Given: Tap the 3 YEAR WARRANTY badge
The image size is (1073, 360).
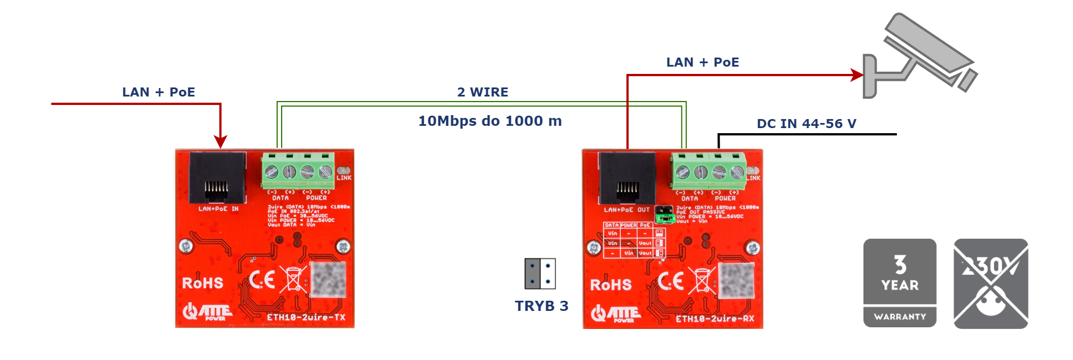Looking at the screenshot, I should coord(900,283).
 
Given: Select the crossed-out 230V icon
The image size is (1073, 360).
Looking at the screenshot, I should coord(991,283).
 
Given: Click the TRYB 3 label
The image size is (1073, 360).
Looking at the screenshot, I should coord(541,306).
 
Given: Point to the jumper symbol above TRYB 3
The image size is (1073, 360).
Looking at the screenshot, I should coord(540,274).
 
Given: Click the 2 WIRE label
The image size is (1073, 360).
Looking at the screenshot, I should coord(483,92).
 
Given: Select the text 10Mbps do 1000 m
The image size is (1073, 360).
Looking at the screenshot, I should coord(490,121).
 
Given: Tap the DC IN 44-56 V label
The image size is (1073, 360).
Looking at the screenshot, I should coord(806,124).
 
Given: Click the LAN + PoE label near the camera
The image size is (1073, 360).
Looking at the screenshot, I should coord(703,62).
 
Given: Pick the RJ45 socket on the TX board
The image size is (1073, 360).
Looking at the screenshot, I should coord(217,177).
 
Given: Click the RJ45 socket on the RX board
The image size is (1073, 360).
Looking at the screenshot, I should coord(627,178).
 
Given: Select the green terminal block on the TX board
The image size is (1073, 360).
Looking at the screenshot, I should coord(298,170).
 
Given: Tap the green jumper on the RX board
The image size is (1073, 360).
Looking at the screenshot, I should coord(664,214).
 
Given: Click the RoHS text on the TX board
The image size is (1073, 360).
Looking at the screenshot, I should coord(202,283).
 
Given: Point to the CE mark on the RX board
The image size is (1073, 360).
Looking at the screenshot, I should coord(671,280).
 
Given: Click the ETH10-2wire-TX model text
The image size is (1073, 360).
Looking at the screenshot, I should coord(306,317).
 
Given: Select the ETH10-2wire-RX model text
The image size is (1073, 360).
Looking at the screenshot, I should coord(715,319).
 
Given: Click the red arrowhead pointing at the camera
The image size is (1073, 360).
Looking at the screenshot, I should coord(857,74).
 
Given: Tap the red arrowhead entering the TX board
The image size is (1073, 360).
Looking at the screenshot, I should coord(220,142).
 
